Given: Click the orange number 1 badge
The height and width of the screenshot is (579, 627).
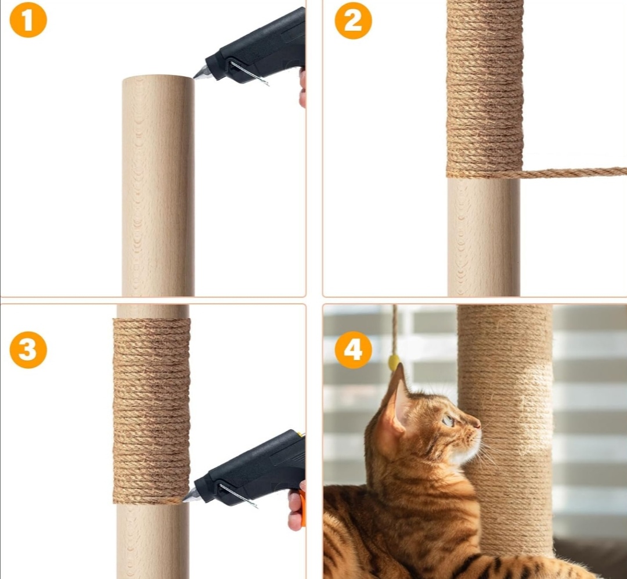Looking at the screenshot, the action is (28, 19).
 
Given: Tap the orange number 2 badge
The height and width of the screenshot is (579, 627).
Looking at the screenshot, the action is (353, 20).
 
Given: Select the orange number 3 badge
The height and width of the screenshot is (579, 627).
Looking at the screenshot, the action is (28, 350).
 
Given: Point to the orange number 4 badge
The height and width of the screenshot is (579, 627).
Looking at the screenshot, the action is (353, 350).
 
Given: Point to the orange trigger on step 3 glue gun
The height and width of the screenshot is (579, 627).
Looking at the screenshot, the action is (302, 508).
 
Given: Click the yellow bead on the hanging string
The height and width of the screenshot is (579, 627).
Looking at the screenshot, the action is (394, 362).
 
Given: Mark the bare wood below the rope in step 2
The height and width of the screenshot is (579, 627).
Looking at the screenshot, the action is (484, 237).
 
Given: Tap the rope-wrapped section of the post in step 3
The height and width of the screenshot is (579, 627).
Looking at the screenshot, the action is (152, 411).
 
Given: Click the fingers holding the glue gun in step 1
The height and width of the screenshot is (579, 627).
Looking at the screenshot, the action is (302, 88).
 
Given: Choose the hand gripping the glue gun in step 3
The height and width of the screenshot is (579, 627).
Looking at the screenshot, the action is (296, 508).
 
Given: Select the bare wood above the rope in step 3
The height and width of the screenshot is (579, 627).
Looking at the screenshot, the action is (152, 311).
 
